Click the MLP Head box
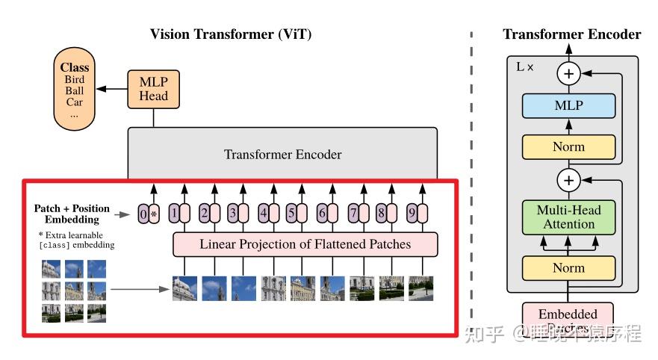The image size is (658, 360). (x=153, y=88)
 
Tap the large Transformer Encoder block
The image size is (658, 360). (x=282, y=155)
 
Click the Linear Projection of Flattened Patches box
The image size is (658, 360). (x=304, y=244)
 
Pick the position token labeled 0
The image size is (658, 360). (x=144, y=214)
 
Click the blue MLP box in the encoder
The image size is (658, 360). (x=568, y=106)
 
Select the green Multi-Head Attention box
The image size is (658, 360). (x=568, y=217)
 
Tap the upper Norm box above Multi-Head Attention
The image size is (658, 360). (x=568, y=146)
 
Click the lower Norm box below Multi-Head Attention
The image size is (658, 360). (x=568, y=267)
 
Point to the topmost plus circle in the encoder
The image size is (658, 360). (x=569, y=73)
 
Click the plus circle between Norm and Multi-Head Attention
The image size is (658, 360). (x=569, y=181)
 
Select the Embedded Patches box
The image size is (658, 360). (x=568, y=318)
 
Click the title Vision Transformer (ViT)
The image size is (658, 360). (x=231, y=34)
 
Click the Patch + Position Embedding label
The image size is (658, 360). (x=72, y=214)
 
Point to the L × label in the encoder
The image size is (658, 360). (x=525, y=66)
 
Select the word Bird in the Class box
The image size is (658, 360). (x=75, y=79)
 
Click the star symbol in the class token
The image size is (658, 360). (x=154, y=215)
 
